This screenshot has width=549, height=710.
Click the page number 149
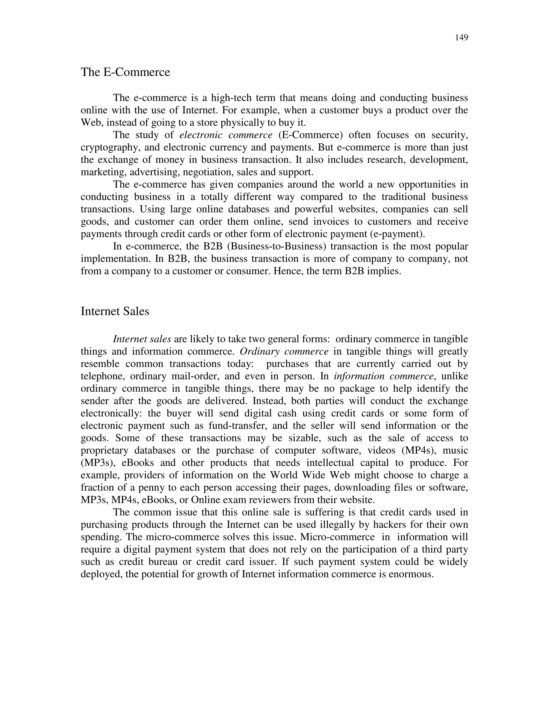(461, 38)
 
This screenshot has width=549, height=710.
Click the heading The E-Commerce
(125, 72)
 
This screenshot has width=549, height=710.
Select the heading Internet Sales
(115, 311)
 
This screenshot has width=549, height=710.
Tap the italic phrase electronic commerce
(226, 135)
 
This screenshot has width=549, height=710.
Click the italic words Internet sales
(142, 339)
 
